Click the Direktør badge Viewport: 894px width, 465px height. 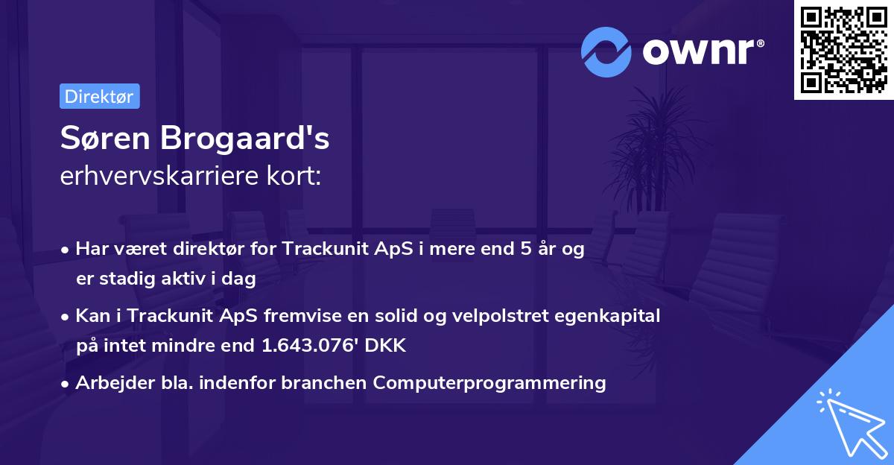[99, 96]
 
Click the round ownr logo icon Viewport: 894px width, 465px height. [606, 51]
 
